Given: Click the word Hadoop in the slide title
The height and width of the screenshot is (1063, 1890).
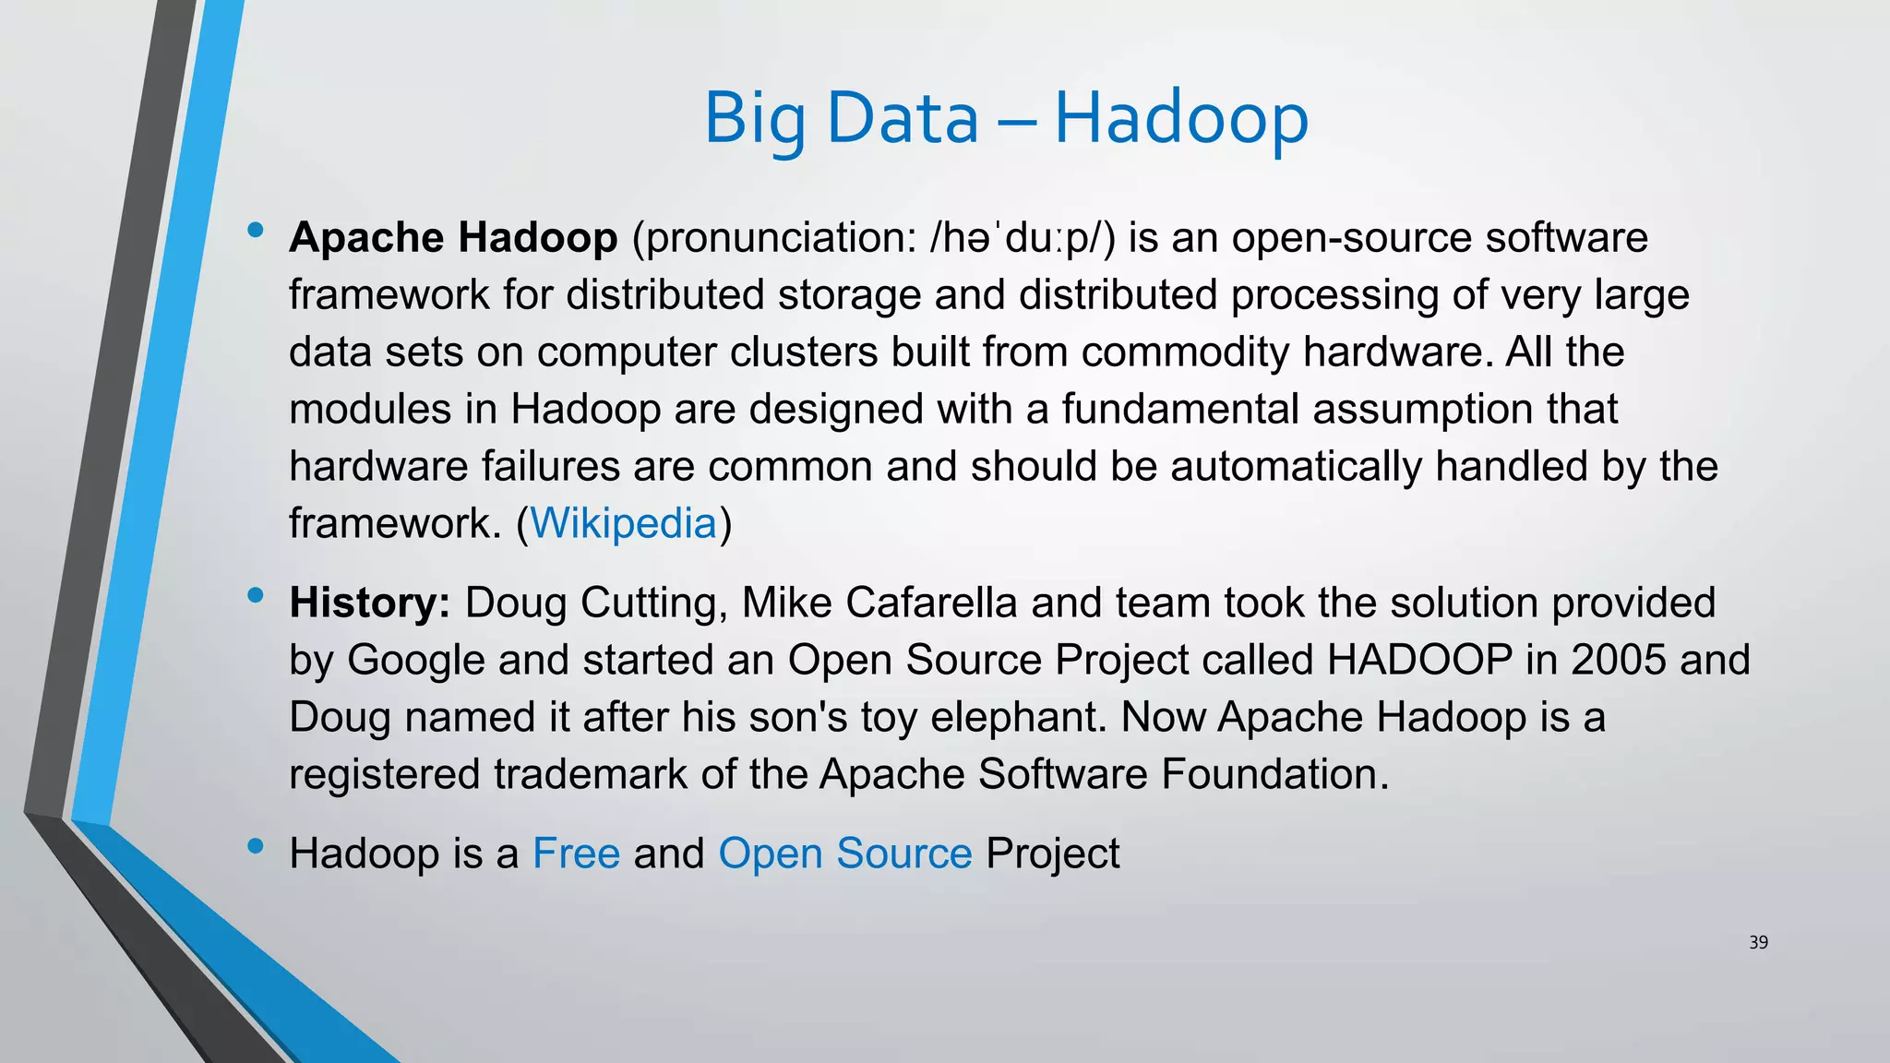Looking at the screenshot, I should coord(1181,118).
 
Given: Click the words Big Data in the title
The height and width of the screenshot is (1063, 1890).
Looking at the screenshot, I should coord(841,118).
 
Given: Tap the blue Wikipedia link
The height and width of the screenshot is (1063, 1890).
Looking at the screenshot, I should coord(623,523).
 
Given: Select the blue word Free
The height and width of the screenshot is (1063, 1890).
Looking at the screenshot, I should coord(576,853).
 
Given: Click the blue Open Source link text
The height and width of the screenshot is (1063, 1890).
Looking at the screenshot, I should coord(844,853).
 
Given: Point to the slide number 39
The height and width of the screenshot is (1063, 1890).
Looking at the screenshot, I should coord(1758,942).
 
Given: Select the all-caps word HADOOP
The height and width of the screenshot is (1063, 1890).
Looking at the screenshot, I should coord(1419,660).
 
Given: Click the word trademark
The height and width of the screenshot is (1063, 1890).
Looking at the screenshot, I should coord(590,774).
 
